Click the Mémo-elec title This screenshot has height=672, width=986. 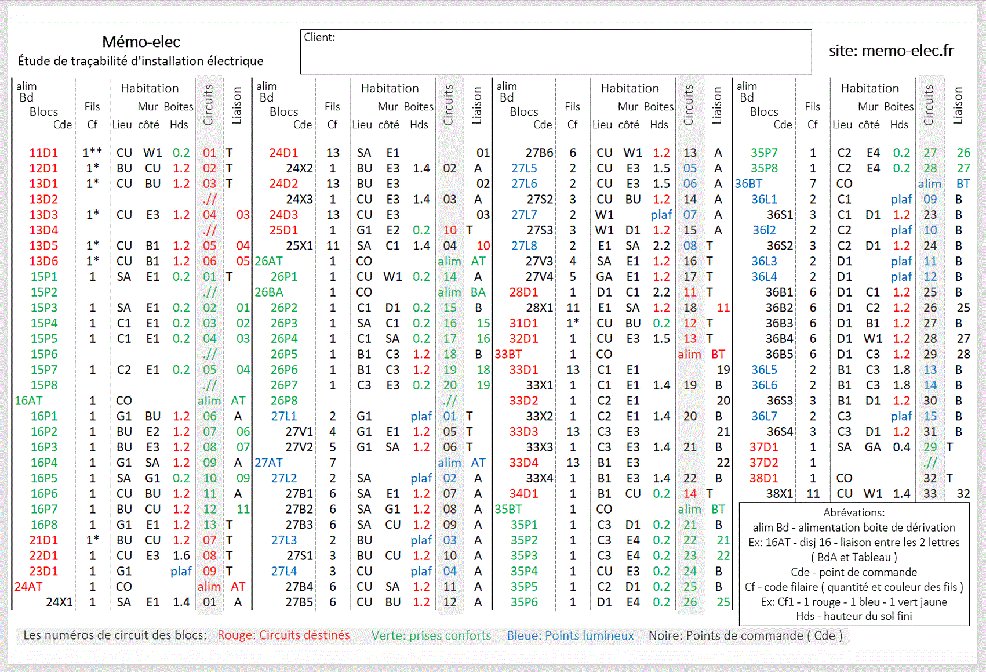tap(141, 42)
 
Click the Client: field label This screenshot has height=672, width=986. tap(319, 38)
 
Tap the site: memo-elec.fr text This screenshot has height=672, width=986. tap(891, 51)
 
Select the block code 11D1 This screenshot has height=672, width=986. tap(43, 153)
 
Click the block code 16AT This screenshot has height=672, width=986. tap(28, 400)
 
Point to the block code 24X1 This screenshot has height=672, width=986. tap(59, 602)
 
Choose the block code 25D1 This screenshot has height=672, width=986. tap(283, 230)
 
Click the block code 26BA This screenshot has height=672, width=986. tap(269, 292)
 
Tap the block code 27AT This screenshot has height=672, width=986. tap(269, 463)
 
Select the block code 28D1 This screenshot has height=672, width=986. tap(523, 292)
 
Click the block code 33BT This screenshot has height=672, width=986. tap(508, 354)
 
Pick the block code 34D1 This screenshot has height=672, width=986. tap(523, 493)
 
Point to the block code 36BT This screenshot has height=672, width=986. tap(748, 184)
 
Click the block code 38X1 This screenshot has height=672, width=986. tap(780, 493)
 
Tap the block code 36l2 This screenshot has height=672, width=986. tap(764, 230)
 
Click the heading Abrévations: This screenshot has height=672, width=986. tap(854, 512)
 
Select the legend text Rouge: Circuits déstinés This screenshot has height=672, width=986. tap(283, 635)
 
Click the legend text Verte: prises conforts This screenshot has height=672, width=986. tap(431, 635)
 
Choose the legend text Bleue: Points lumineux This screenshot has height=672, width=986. tap(570, 635)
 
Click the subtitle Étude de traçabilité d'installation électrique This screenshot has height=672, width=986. tap(140, 61)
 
